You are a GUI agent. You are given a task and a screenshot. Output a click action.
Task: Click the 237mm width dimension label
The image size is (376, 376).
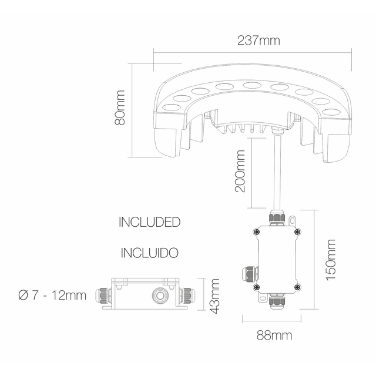coord(258,41)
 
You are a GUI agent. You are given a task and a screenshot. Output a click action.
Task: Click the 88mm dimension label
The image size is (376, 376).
coord(274,335)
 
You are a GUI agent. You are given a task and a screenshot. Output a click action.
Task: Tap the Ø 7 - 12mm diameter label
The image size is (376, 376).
coord(52,294)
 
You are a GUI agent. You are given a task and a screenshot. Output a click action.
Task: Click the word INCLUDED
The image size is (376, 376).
coord(149,223)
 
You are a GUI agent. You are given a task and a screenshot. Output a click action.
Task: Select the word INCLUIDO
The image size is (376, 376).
coord(149,253)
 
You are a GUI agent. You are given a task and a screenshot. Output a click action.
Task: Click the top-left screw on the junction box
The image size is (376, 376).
coord(256,233)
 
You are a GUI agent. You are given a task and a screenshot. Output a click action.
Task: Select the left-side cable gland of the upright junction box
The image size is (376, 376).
coord(249,274)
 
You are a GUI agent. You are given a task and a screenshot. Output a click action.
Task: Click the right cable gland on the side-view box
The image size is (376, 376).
coord(190,294)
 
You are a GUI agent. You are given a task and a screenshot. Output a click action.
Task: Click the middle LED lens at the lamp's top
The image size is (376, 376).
coord(251,86)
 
